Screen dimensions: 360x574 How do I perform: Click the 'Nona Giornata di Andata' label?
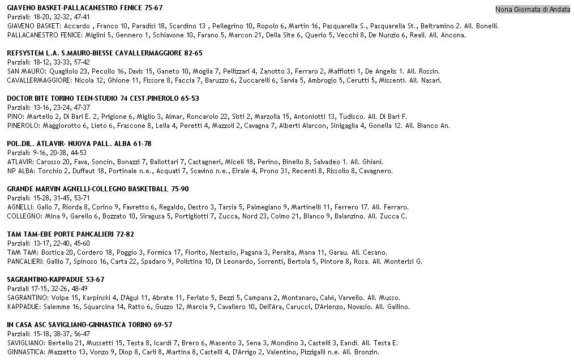tap(533, 10)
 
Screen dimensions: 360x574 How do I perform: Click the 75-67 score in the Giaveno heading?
tap(153, 8)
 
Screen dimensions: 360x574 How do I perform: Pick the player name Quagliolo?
tap(49, 71)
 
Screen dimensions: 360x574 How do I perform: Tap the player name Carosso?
tap(49, 162)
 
